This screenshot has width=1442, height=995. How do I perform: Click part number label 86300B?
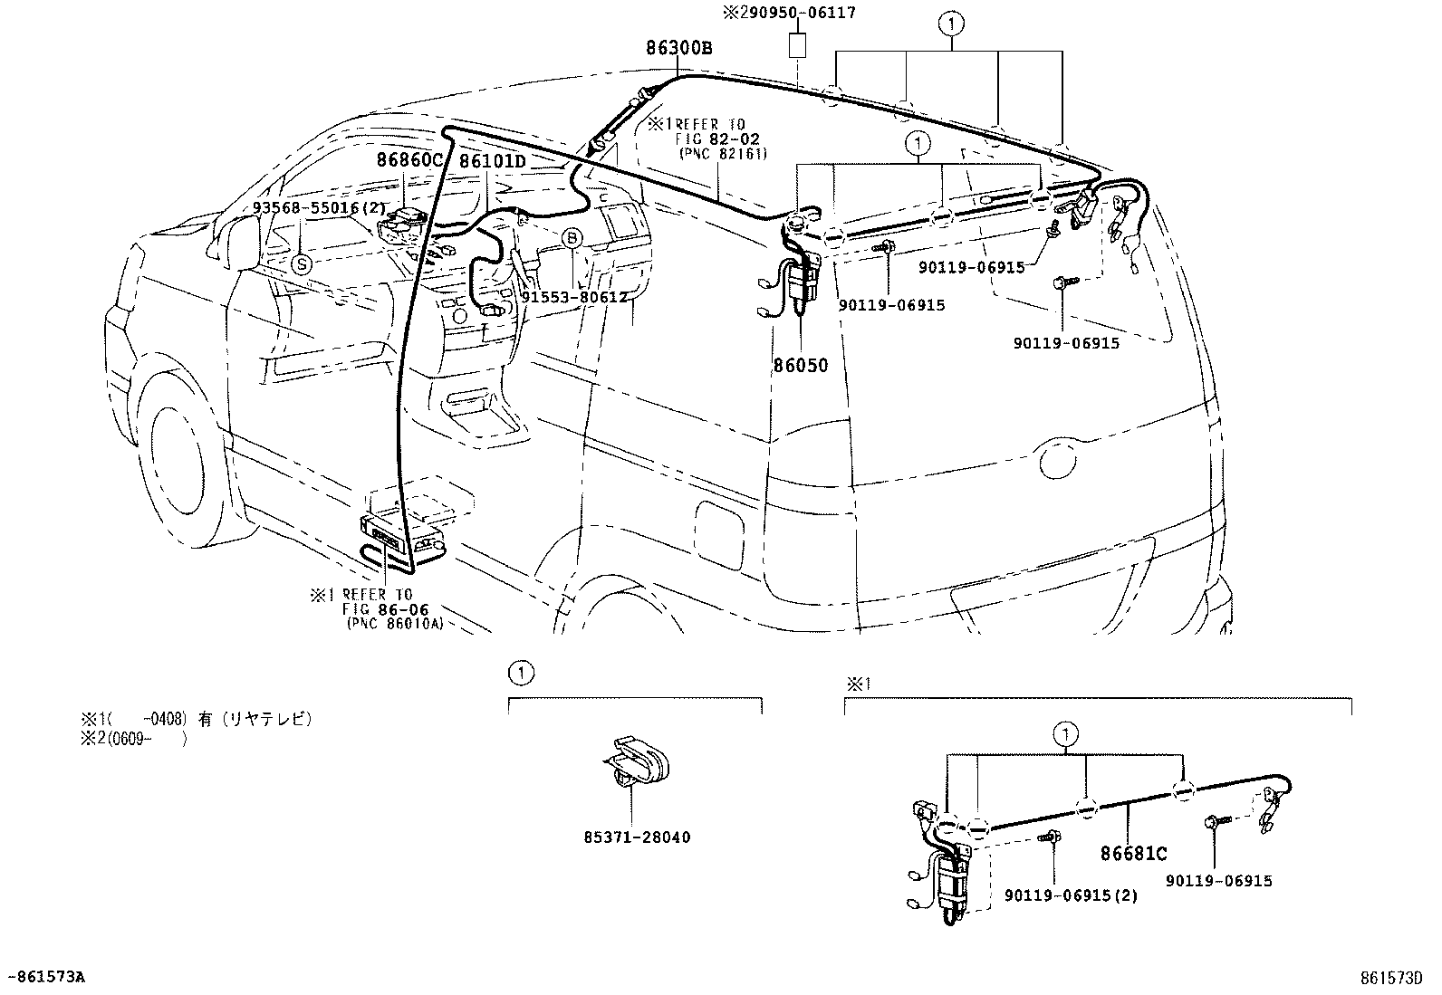(678, 48)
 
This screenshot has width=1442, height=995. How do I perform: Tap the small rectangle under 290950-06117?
(797, 45)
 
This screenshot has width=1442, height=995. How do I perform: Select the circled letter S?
(302, 263)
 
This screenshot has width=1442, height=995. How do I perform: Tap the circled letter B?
(572, 238)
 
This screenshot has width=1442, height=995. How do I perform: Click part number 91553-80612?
(575, 296)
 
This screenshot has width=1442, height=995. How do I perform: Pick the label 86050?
(800, 367)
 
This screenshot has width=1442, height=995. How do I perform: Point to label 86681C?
(1133, 853)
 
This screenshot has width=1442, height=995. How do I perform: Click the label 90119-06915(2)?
(1070, 895)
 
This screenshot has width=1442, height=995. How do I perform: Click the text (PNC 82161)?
(722, 154)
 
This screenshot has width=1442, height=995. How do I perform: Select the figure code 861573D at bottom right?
(1390, 978)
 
